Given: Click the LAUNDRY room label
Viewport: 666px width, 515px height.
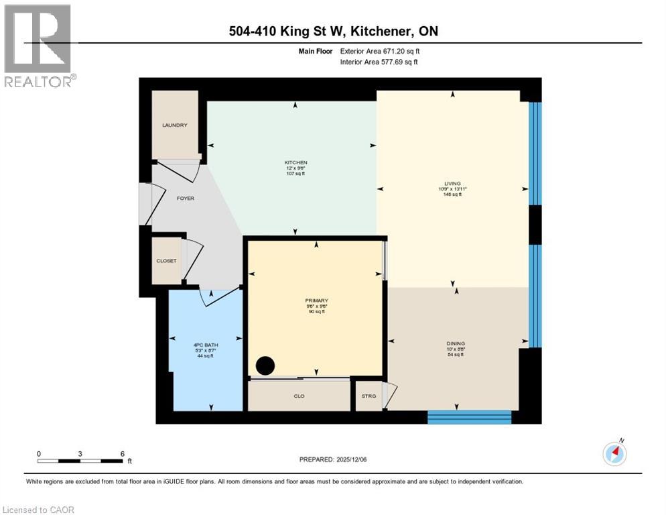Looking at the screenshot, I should [174, 125].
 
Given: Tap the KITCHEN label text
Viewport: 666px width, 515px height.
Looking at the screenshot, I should [295, 163].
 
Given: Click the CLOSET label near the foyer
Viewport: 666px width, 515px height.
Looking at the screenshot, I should [166, 261].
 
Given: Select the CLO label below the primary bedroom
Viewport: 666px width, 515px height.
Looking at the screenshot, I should [299, 396].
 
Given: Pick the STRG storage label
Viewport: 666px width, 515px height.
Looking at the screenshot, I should [369, 396].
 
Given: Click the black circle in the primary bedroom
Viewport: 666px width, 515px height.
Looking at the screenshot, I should [265, 366].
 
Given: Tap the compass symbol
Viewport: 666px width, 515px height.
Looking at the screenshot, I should [614, 453].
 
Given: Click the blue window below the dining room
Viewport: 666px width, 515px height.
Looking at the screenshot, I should [469, 417].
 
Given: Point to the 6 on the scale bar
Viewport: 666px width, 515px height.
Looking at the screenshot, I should [122, 453].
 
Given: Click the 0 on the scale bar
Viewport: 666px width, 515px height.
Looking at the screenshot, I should [39, 453].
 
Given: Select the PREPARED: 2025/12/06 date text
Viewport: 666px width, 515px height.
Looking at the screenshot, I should [333, 459].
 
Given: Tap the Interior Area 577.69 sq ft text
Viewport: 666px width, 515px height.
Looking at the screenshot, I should [378, 62].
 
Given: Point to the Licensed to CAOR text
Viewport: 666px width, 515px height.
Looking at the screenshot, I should [40, 510].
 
